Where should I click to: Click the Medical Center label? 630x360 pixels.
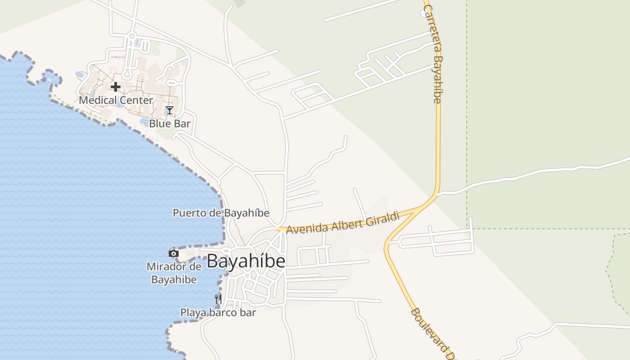click(x=116, y=100)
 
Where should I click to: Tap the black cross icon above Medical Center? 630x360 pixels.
click(x=116, y=86)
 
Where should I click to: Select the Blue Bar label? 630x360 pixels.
click(x=170, y=123)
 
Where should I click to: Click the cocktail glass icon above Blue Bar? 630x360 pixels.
click(x=169, y=110)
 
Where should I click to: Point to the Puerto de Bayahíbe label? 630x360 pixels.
click(x=221, y=213)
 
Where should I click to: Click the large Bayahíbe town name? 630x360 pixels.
click(x=246, y=261)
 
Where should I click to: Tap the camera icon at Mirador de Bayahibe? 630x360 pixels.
click(x=173, y=253)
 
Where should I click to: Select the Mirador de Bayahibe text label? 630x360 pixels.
click(x=174, y=273)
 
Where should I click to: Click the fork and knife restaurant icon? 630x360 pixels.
click(x=218, y=299)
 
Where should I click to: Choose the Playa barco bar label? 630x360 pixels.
click(x=218, y=312)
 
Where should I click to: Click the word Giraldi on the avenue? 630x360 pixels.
click(x=383, y=218)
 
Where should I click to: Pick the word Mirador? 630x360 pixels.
click(x=166, y=267)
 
